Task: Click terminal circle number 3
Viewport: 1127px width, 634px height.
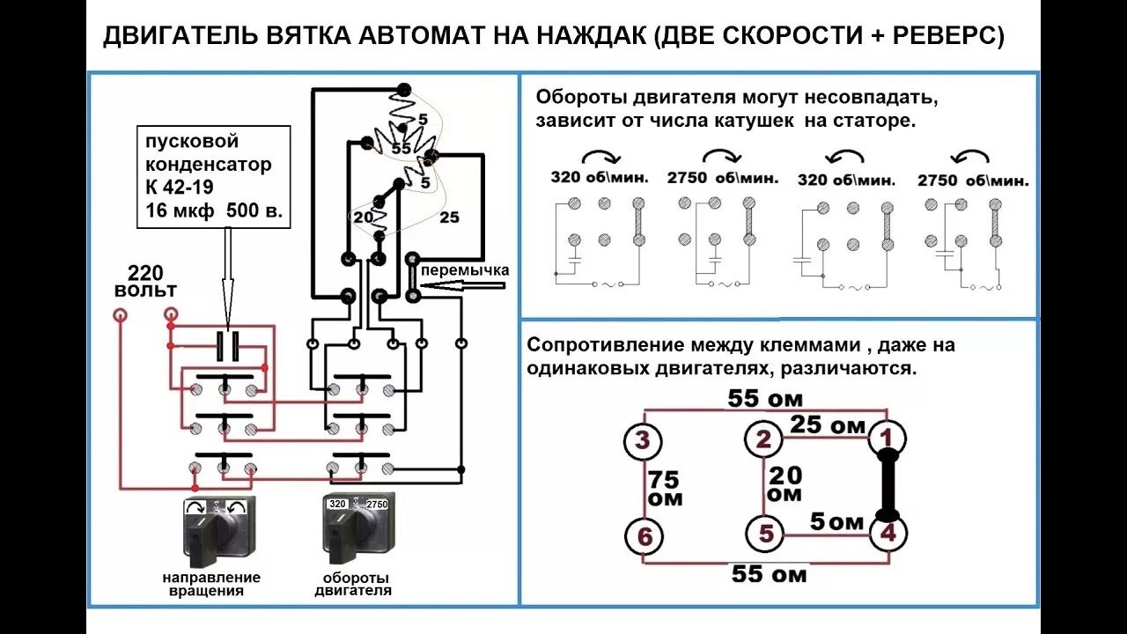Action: click(644, 439)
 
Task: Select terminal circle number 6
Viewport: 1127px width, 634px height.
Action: click(644, 534)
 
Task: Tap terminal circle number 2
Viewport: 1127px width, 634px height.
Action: click(763, 440)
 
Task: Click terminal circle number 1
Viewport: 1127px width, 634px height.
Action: click(888, 437)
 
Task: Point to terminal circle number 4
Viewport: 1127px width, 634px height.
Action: click(888, 532)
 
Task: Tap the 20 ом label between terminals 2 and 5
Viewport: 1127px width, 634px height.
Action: click(785, 484)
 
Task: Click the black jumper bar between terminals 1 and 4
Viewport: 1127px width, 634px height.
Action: click(888, 484)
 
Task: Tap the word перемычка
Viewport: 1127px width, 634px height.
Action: click(465, 270)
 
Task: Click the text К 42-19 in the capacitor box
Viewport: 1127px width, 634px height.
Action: click(179, 188)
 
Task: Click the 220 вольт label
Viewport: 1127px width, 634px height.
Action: click(145, 281)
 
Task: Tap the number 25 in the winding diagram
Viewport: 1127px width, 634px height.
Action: click(449, 217)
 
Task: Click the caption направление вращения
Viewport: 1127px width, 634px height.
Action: click(211, 584)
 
